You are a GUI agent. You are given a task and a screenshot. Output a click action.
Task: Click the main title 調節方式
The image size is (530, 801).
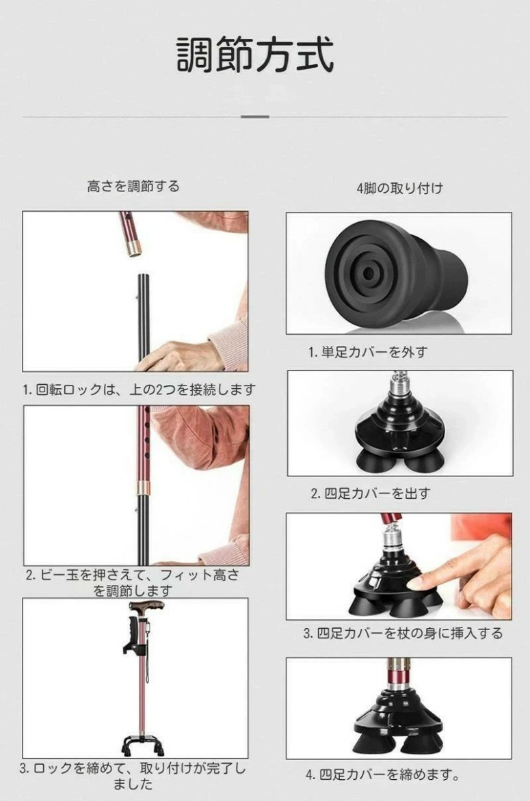255,55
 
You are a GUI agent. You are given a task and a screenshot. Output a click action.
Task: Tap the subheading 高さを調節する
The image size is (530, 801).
133,186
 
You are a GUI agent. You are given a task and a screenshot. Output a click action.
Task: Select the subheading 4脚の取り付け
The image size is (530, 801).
399,188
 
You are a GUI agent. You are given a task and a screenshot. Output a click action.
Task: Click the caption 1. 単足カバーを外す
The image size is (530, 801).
367,352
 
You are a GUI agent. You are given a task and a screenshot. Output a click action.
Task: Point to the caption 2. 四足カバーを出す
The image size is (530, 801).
371,493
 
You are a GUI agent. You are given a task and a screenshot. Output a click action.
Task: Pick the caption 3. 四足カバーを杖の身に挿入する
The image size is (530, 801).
403,634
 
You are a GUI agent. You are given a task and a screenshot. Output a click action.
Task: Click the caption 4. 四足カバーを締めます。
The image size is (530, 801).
382,774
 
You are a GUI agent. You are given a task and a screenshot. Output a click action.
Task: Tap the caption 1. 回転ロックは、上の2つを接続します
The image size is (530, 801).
139,390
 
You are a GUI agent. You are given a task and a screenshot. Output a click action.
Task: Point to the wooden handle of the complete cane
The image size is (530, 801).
146,608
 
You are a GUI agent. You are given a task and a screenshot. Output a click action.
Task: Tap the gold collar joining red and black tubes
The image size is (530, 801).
143,487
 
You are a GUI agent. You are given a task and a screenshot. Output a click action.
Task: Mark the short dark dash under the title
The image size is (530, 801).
255,117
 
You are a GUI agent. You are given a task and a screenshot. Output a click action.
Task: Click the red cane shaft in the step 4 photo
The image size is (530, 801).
398,673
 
